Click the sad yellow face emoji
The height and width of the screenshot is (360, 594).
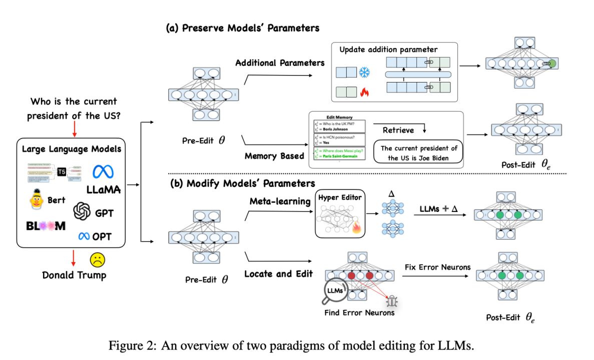click(x=97, y=260)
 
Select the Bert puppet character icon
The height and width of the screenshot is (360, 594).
click(x=37, y=199)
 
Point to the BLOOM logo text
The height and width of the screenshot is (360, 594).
click(x=46, y=226)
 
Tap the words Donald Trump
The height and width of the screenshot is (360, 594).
click(x=74, y=274)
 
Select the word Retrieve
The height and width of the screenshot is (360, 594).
click(x=398, y=130)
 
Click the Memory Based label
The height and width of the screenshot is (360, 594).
click(x=274, y=155)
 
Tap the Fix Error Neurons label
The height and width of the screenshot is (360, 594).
click(x=438, y=267)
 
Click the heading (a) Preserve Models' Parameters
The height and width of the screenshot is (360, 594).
click(x=243, y=28)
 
